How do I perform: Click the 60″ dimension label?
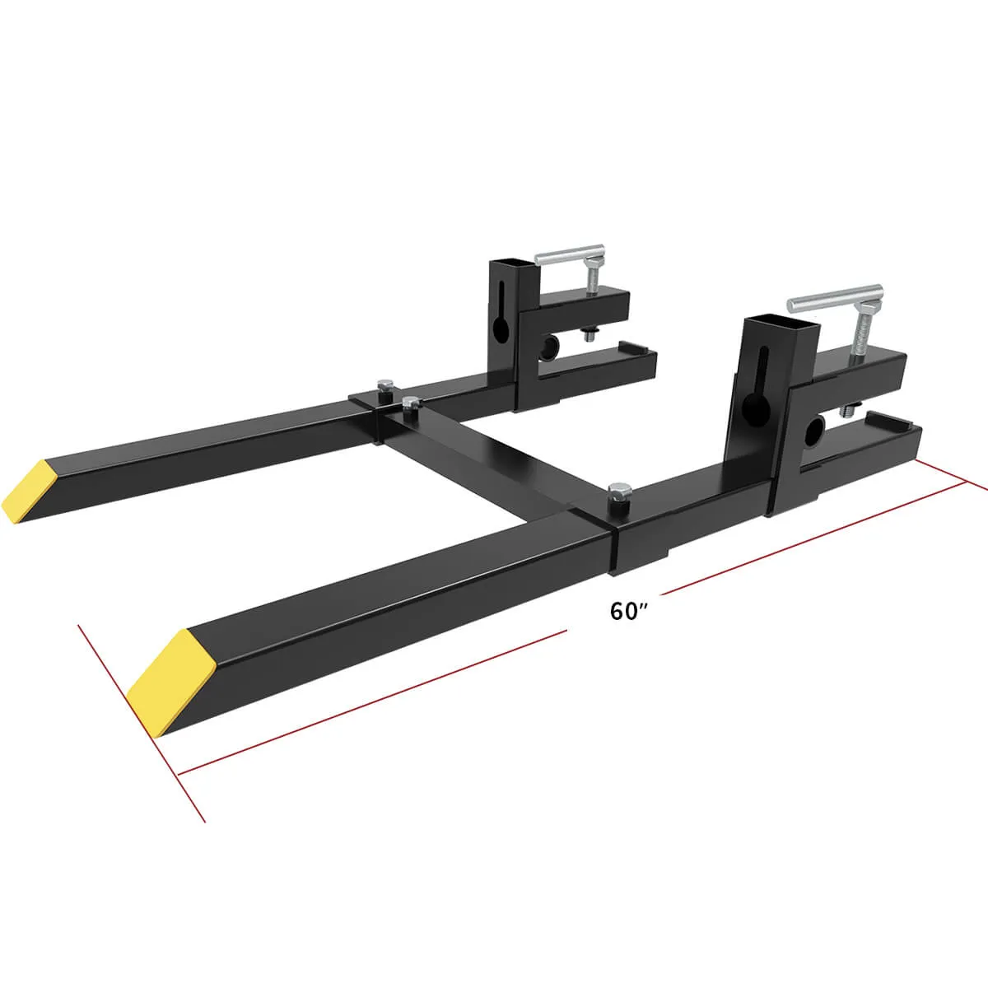click(x=630, y=611)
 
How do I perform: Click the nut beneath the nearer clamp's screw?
click(x=851, y=409)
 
